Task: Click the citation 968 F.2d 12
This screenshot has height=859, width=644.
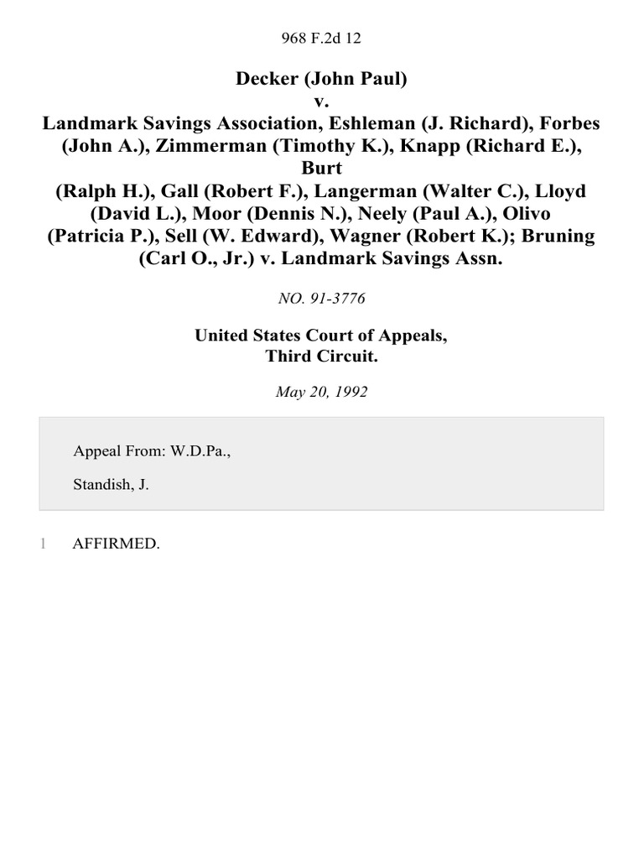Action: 321,38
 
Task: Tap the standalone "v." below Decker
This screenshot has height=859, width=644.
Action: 322,102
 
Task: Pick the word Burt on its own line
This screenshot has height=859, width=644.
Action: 322,169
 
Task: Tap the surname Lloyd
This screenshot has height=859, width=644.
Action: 556,191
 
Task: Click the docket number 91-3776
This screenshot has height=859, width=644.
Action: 335,298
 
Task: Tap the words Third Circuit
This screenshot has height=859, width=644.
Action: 321,355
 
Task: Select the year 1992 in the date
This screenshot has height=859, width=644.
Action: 350,392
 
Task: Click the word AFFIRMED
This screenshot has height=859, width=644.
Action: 116,544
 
